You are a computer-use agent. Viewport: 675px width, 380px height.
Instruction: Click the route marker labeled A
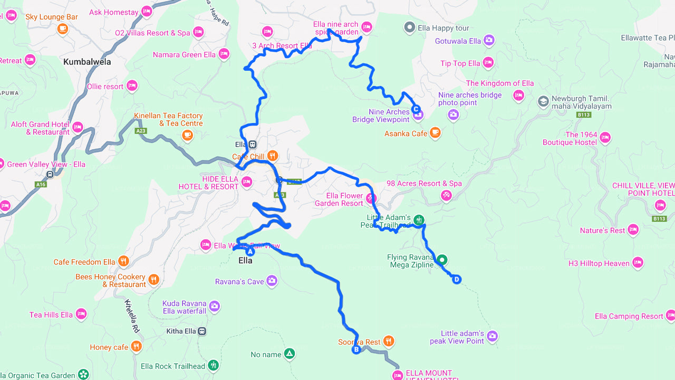tap(250, 252)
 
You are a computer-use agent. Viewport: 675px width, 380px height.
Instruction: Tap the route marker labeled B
tap(356, 349)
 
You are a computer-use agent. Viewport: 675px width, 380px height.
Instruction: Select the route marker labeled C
tap(416, 109)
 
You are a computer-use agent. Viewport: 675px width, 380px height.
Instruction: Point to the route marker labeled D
tap(457, 280)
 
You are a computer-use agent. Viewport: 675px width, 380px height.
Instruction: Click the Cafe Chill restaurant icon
tap(273, 156)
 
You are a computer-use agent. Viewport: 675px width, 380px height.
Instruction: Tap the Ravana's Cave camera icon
tap(272, 281)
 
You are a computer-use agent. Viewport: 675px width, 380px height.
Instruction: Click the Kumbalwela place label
tap(87, 62)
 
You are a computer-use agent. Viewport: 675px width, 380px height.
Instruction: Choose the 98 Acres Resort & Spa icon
tap(447, 196)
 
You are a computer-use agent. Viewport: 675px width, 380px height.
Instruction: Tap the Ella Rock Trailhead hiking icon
tap(213, 365)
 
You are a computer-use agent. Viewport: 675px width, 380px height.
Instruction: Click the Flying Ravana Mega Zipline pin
tap(442, 260)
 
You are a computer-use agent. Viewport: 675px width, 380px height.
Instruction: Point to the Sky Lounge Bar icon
tap(63, 29)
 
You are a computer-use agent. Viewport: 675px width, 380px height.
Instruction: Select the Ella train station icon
tap(253, 144)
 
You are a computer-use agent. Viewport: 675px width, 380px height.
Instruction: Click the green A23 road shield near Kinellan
tap(141, 131)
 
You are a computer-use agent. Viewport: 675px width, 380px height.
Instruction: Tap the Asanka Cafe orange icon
tap(435, 133)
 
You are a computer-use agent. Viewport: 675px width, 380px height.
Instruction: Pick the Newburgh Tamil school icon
tap(543, 101)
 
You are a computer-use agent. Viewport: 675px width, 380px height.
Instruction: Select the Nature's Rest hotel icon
tap(633, 230)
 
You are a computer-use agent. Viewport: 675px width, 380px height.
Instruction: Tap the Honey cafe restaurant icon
tap(137, 346)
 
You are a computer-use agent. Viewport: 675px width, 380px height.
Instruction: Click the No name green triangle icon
tap(289, 354)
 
